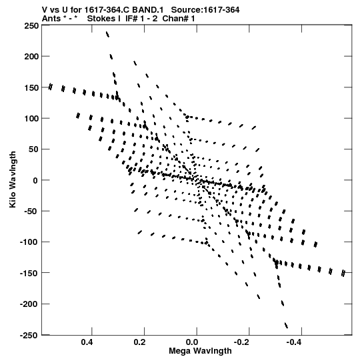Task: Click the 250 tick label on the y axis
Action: tap(31, 26)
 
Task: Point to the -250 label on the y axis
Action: tap(29, 335)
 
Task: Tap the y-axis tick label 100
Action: tap(31, 119)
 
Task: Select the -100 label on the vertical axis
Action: tap(29, 242)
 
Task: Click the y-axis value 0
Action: tap(35, 180)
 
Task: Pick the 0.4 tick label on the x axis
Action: tap(87, 342)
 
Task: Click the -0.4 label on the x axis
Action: tap(293, 342)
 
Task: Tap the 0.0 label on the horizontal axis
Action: tap(192, 342)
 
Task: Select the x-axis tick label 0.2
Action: tap(139, 342)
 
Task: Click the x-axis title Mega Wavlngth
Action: tap(200, 351)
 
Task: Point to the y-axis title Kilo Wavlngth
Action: tap(13, 179)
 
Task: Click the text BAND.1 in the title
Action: tap(148, 10)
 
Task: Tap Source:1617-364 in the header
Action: tap(205, 10)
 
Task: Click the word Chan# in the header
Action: tap(176, 19)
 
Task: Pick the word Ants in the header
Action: tap(51, 19)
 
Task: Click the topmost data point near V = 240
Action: tap(107, 34)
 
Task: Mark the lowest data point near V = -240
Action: tap(286, 326)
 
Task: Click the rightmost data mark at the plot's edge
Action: tap(343, 273)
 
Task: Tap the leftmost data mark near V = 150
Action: tap(50, 87)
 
